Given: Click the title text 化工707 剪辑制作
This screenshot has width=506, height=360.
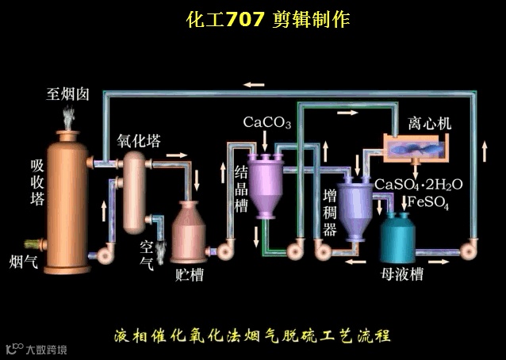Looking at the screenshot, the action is [x=267, y=20].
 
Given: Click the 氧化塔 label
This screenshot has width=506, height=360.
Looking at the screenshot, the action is [x=140, y=141].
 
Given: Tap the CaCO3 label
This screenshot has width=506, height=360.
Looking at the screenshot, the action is [x=266, y=123].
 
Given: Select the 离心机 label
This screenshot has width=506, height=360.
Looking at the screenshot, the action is [x=429, y=124].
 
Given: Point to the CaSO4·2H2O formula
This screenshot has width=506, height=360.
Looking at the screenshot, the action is [x=418, y=184].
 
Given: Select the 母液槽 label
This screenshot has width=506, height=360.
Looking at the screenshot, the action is [x=401, y=275].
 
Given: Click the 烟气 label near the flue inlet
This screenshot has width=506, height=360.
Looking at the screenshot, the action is [x=22, y=261].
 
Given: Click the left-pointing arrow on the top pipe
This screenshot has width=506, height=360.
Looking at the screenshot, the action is [x=255, y=83].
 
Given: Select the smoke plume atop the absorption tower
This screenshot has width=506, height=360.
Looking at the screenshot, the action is [x=68, y=117].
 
